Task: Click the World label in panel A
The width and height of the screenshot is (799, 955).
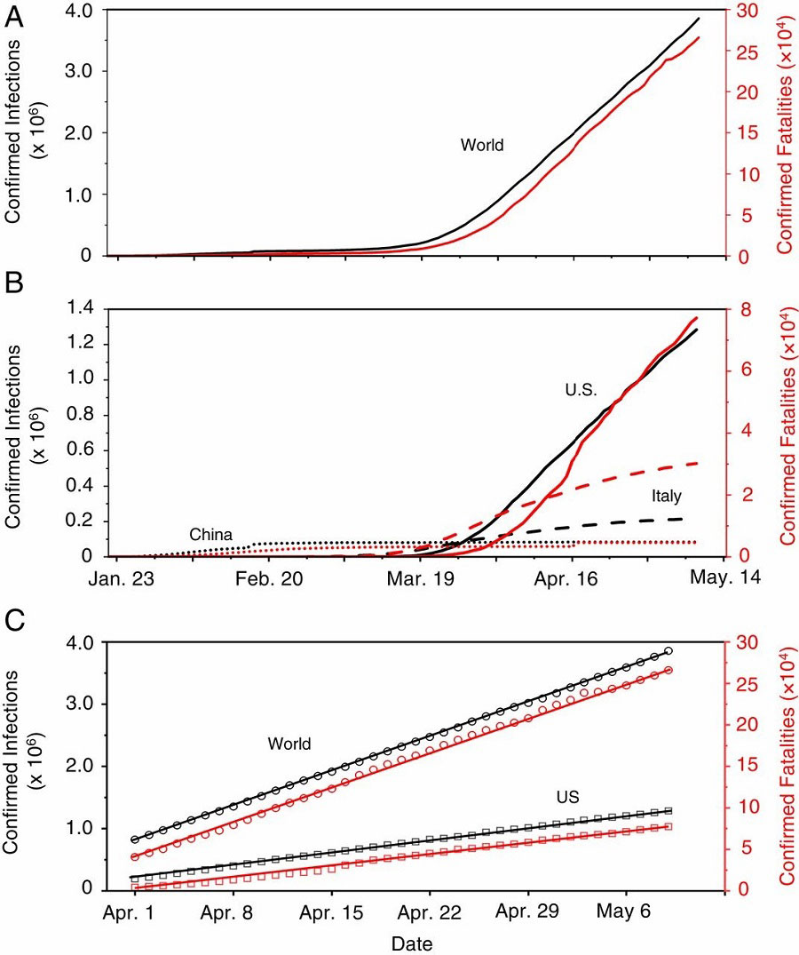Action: click(482, 145)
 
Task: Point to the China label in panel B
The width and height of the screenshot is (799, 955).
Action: click(210, 535)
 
